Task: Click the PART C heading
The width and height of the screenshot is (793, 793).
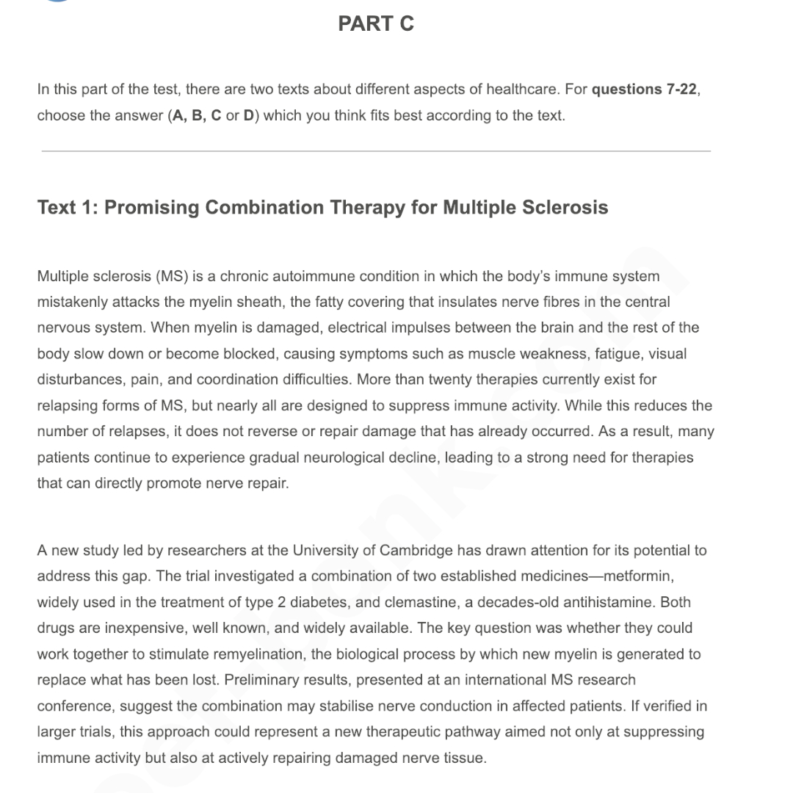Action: tap(375, 23)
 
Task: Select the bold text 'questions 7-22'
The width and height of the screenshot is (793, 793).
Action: tap(644, 90)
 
